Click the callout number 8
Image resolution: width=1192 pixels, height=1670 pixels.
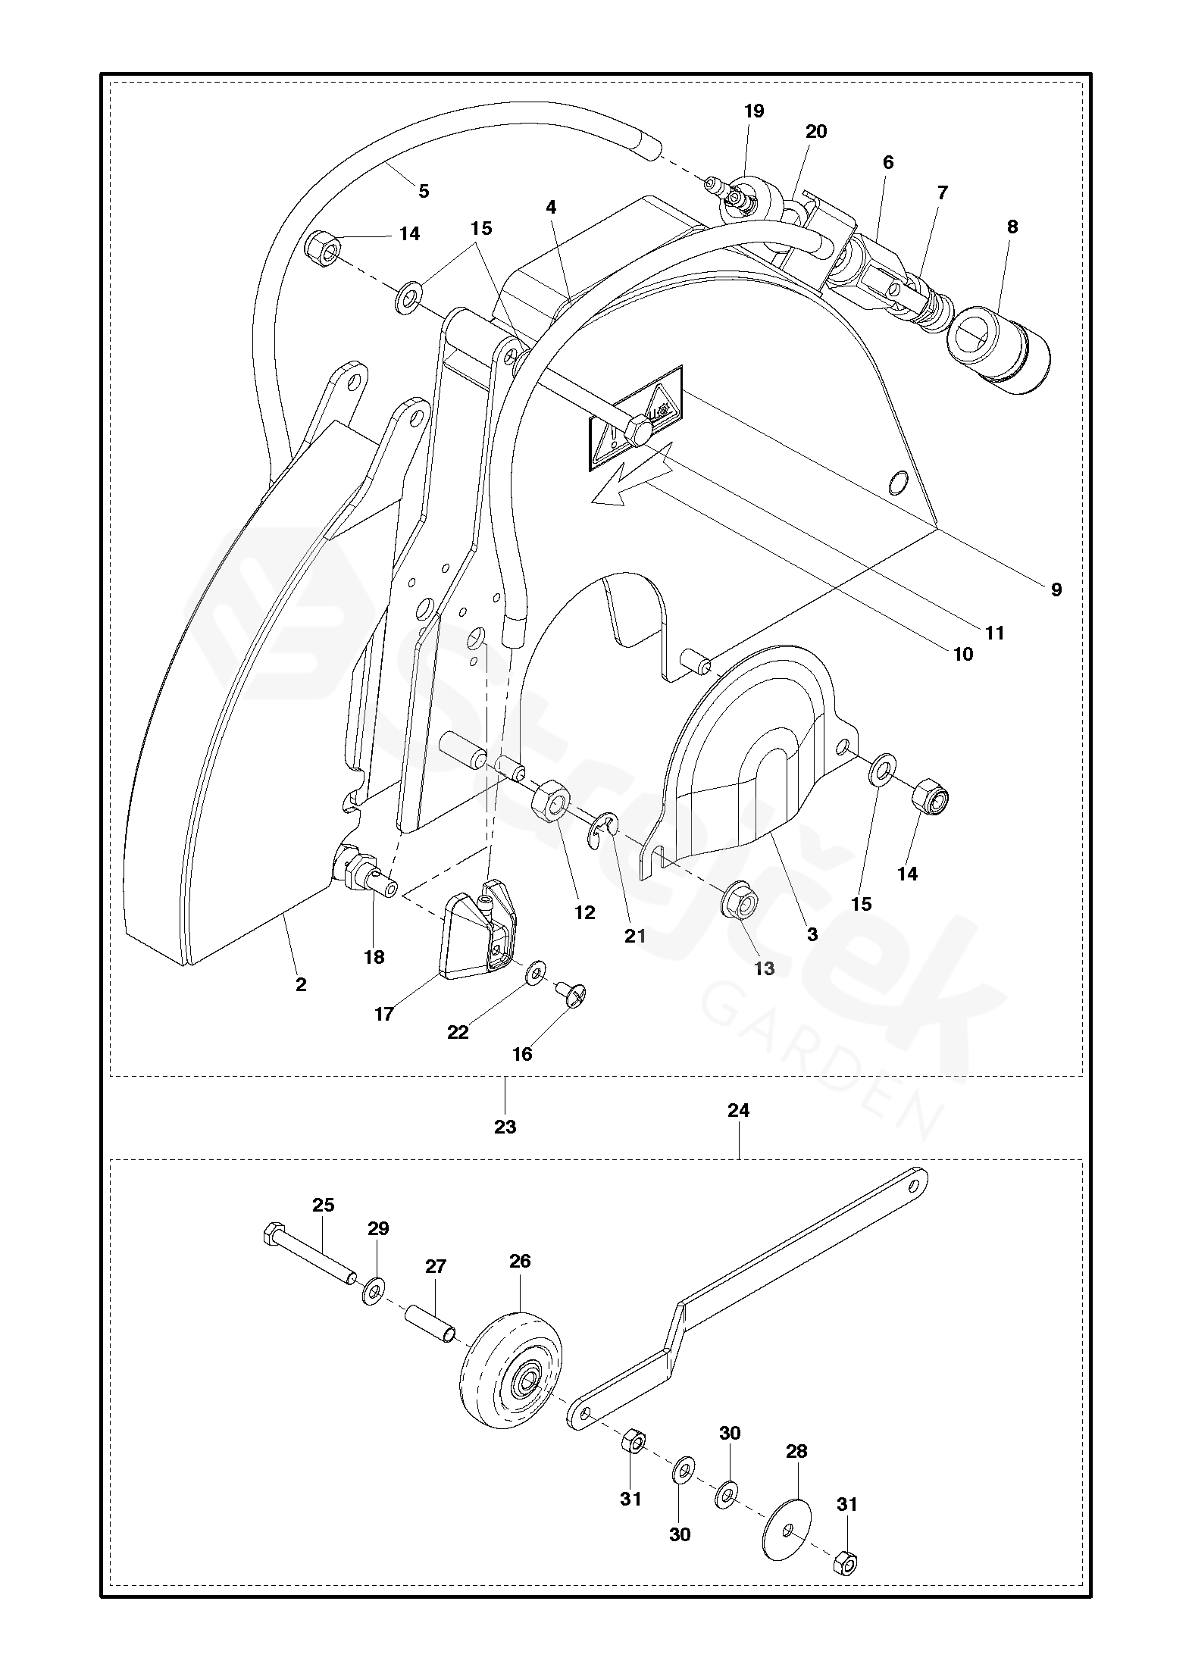click(1012, 227)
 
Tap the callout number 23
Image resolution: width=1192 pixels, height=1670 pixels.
click(505, 1127)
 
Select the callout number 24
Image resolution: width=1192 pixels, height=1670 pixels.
click(738, 1110)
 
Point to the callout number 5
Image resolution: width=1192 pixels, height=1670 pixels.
click(424, 191)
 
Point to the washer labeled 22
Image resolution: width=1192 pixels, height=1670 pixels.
click(537, 971)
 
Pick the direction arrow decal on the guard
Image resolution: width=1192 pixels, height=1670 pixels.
click(631, 479)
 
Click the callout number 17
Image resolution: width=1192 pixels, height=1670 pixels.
click(384, 1013)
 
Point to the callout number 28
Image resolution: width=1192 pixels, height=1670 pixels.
click(796, 1451)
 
